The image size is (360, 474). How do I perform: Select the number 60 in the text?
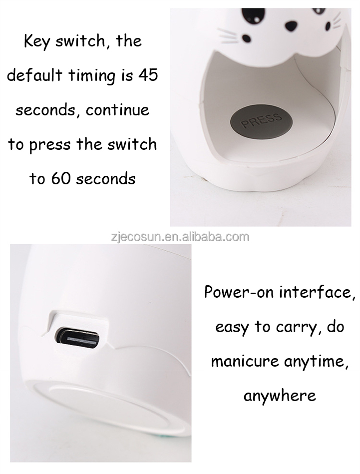point(61,179)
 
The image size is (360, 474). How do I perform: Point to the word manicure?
point(245,361)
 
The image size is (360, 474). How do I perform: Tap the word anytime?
point(316,361)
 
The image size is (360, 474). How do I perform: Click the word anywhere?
point(280,396)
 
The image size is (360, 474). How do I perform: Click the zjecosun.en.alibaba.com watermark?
point(180,236)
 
